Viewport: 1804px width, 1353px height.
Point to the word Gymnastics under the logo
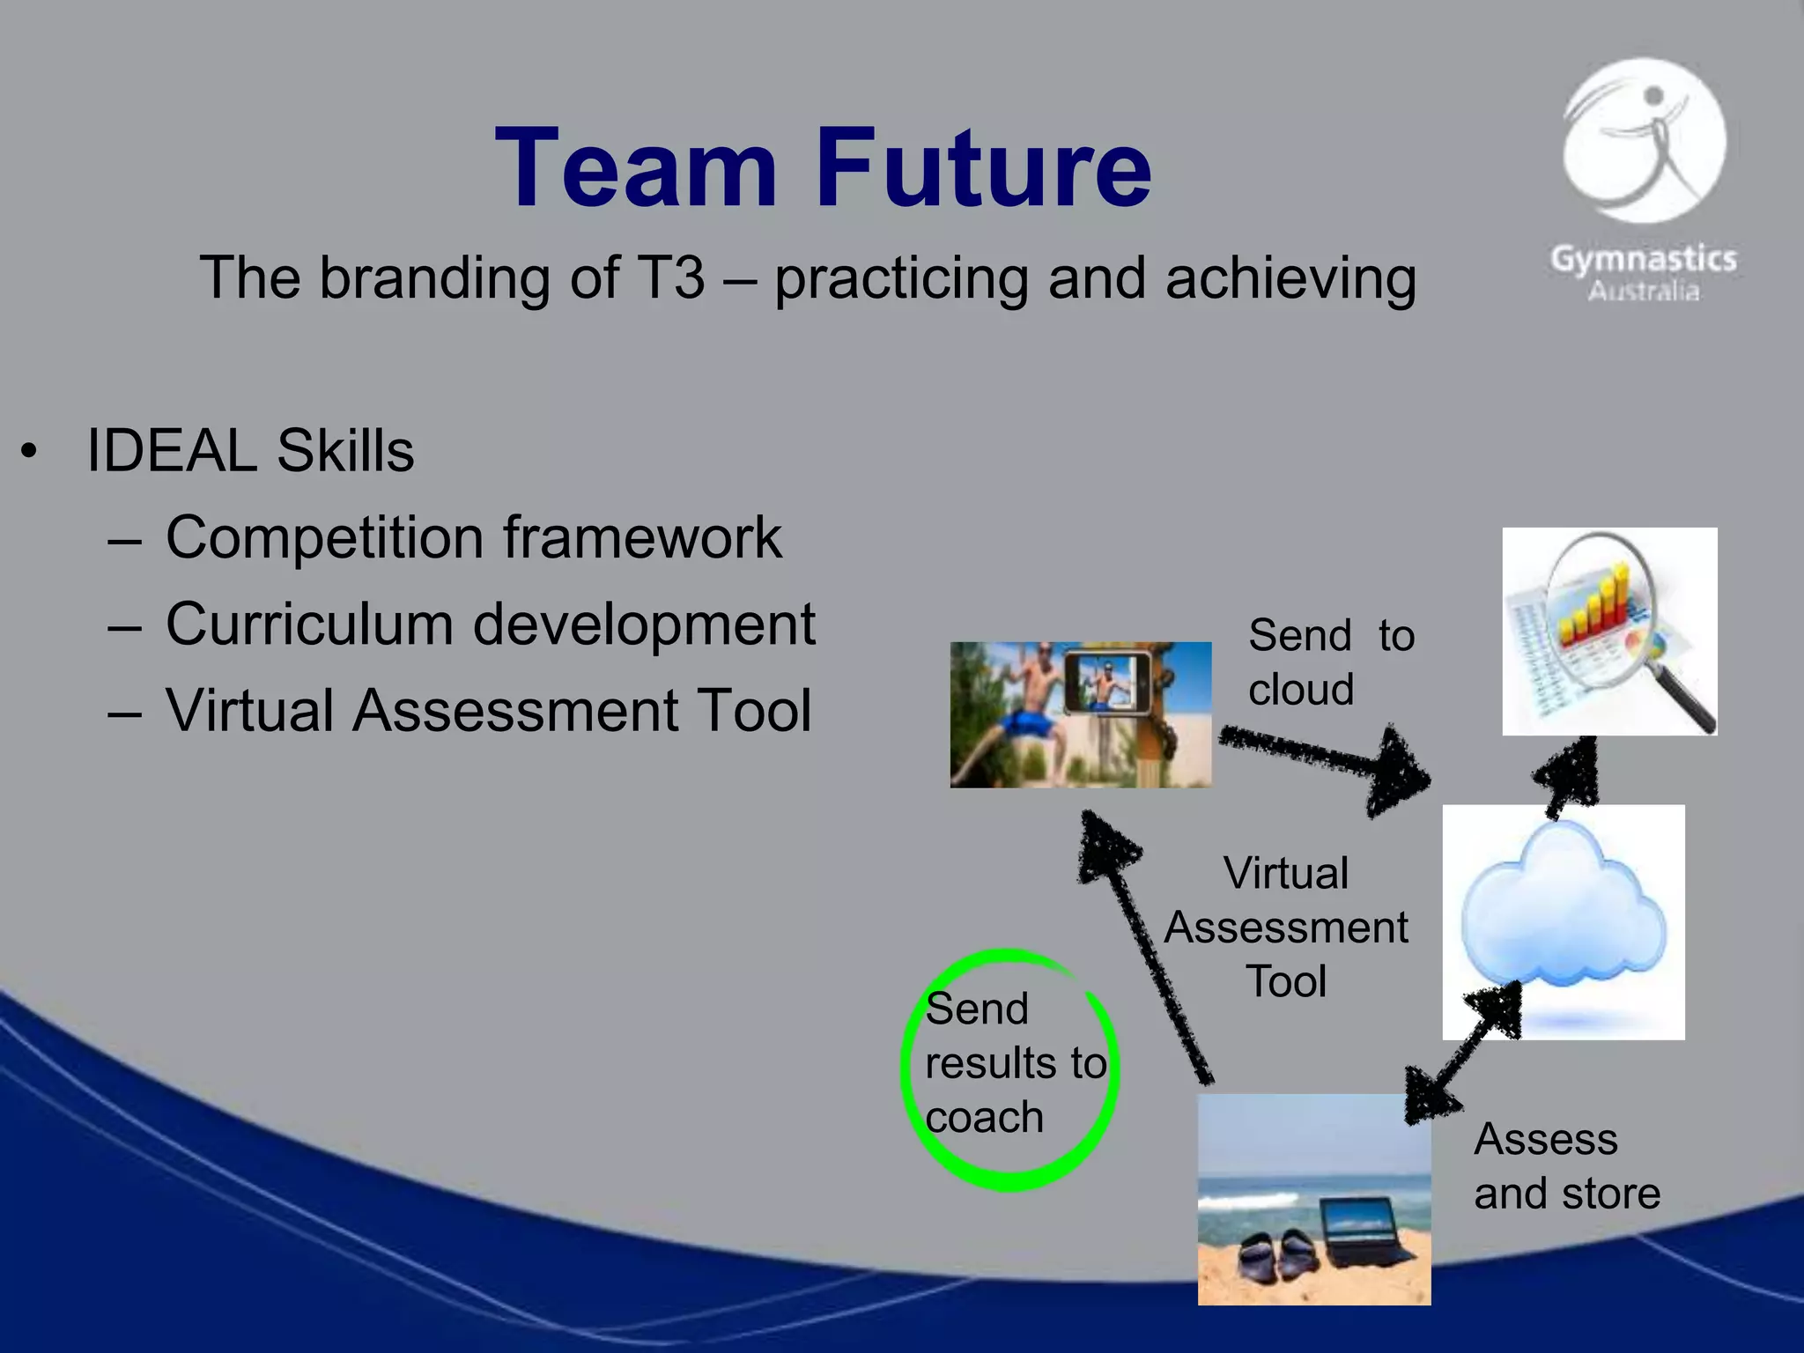point(1644,259)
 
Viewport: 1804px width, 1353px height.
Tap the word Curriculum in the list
point(308,625)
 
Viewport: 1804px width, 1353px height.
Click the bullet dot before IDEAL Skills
point(30,452)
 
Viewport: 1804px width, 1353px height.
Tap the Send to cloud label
point(1330,662)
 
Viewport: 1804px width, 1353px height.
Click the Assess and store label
point(1566,1166)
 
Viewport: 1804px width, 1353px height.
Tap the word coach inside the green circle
point(984,1118)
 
